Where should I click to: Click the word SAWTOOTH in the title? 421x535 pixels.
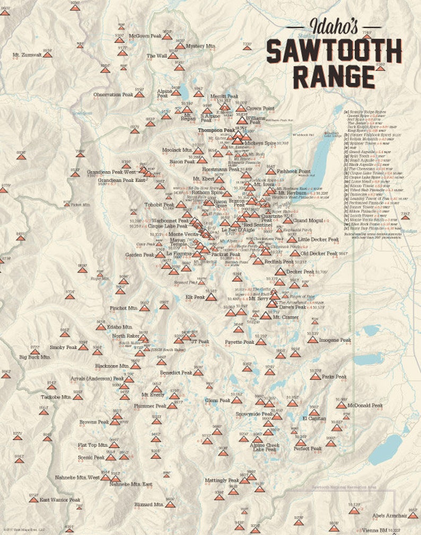[334, 51]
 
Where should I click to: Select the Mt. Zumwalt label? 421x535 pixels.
[27, 55]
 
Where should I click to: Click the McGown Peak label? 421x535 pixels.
[144, 35]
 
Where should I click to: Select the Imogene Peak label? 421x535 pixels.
[335, 340]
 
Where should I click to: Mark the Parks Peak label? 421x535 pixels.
[334, 377]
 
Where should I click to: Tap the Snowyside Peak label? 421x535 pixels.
[253, 414]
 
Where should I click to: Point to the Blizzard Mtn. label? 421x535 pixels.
[150, 505]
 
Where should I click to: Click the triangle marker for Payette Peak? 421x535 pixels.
[260, 342]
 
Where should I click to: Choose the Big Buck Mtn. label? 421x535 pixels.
[35, 357]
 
